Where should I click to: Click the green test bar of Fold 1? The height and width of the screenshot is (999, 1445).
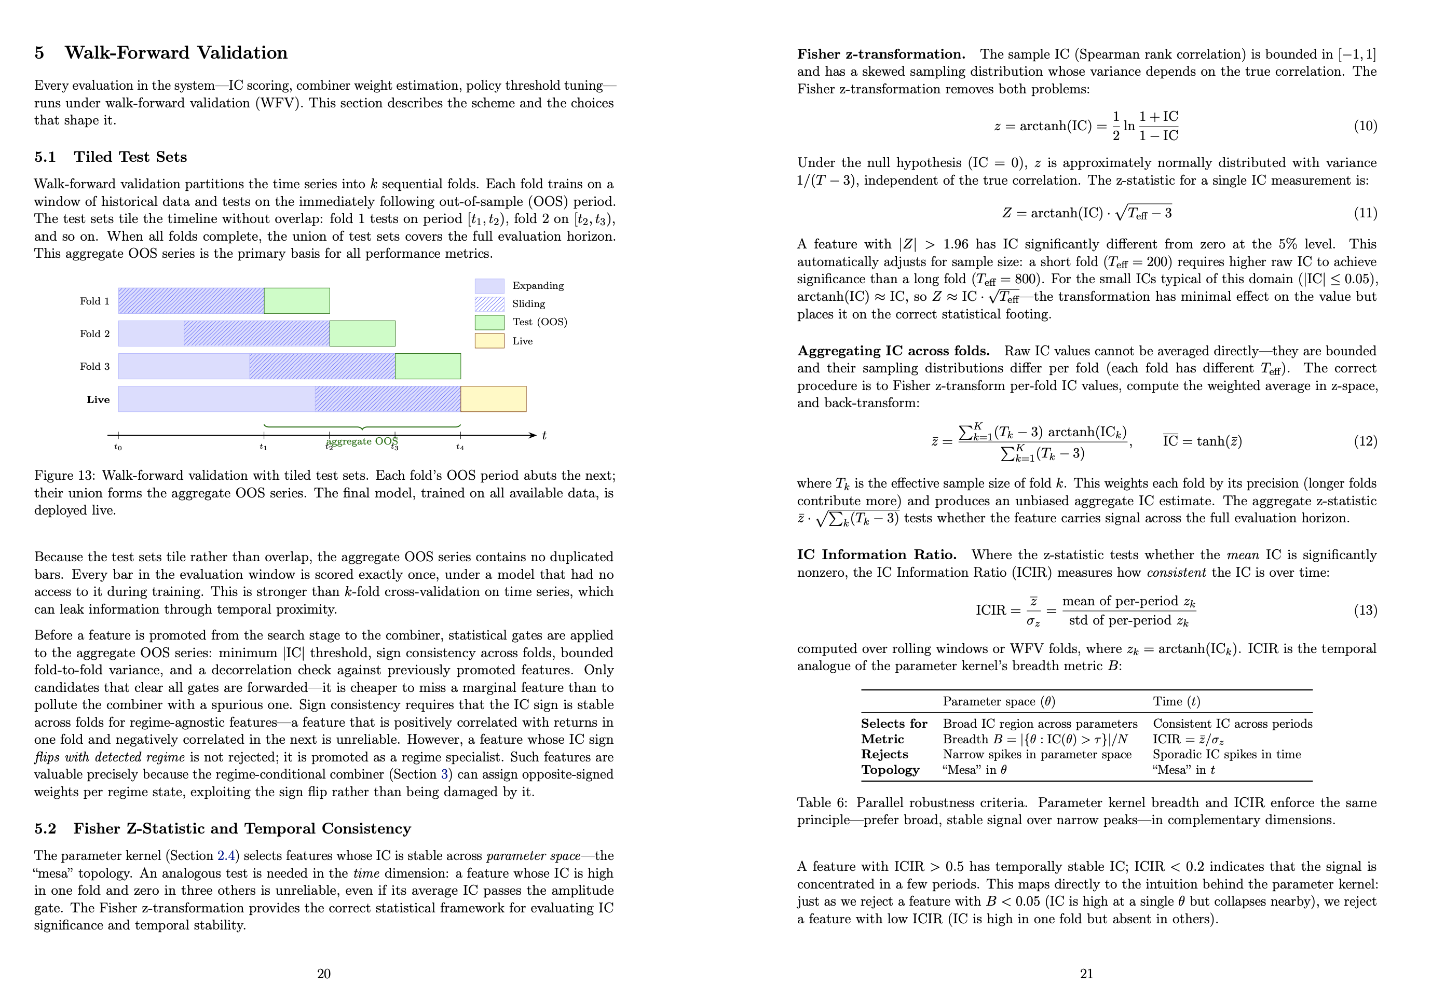point(296,300)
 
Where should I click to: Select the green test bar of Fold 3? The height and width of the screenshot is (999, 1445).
point(427,366)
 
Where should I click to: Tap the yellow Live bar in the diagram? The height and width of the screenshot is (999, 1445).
point(493,399)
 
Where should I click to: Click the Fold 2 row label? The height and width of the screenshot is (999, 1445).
point(94,334)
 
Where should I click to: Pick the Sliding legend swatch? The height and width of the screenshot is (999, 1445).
point(489,304)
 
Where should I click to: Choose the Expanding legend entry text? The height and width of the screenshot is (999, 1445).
point(537,285)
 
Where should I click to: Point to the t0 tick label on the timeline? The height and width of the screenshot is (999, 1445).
point(118,447)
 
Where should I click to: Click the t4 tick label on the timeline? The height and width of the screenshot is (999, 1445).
point(460,447)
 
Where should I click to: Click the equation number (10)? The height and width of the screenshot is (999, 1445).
point(1365,126)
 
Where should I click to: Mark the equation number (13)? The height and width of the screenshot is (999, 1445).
point(1365,610)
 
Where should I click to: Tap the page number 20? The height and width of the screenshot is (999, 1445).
point(323,974)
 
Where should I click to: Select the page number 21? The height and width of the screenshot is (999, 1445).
point(1086,974)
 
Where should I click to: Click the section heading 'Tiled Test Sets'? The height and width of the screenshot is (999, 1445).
point(130,157)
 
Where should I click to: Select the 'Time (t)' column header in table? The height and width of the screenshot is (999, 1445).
point(1176,702)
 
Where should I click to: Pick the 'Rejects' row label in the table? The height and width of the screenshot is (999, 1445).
point(884,754)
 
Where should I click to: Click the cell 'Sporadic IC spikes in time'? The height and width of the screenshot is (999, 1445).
point(1226,754)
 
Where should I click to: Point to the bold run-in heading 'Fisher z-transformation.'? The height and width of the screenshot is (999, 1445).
point(881,54)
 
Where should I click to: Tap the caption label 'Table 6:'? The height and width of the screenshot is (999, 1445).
point(822,803)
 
